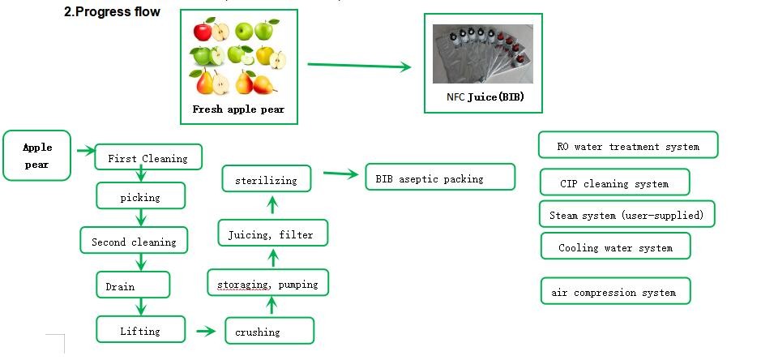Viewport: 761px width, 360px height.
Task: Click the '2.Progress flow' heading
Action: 112,12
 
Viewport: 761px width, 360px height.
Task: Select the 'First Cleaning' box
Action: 147,158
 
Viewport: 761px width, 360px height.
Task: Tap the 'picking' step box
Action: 140,197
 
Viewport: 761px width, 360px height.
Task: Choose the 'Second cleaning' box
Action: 134,242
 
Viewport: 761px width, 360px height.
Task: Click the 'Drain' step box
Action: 133,286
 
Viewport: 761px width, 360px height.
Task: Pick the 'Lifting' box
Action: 139,331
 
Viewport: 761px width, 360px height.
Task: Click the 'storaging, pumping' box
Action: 267,284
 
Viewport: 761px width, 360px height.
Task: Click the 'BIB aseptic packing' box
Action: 439,178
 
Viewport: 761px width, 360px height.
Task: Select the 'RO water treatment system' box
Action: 628,147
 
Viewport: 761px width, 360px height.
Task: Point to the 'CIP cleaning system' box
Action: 614,183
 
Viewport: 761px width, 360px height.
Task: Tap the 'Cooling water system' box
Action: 615,247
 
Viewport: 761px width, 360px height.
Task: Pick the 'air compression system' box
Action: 615,292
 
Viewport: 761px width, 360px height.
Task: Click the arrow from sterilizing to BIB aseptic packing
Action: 340,173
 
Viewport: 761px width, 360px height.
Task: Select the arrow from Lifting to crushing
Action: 209,331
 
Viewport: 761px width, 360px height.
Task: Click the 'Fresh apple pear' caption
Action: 238,109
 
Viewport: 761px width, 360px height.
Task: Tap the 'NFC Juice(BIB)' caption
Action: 484,97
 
